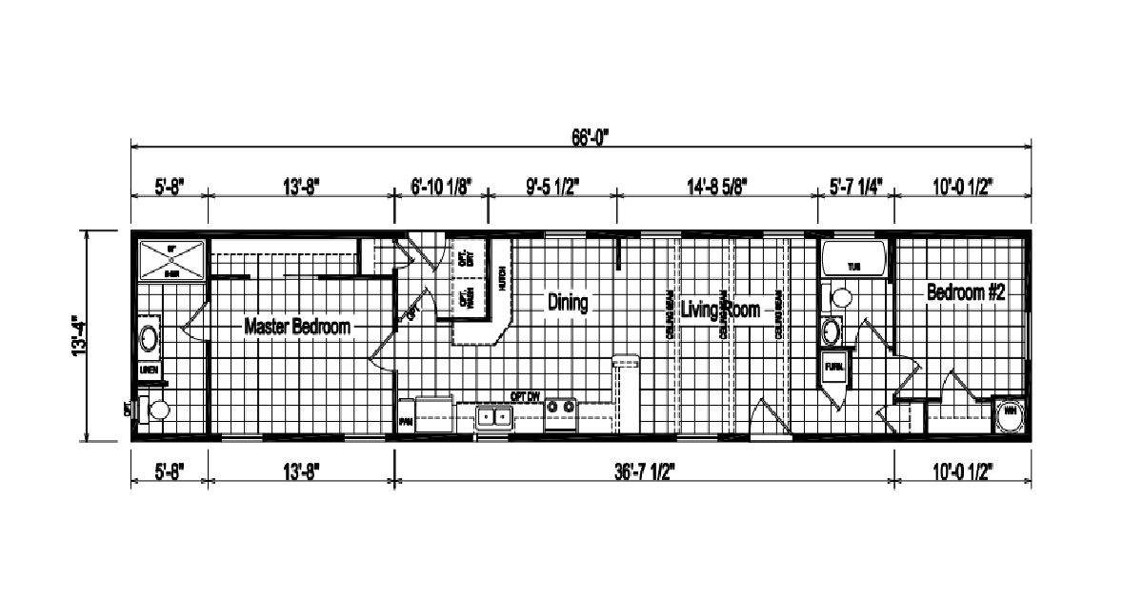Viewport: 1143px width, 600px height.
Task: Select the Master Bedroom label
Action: point(297,327)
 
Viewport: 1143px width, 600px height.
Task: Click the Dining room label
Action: point(567,303)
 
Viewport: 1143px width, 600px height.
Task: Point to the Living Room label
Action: point(720,309)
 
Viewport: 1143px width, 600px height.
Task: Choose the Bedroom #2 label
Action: point(966,293)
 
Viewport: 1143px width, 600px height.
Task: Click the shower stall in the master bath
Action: point(171,261)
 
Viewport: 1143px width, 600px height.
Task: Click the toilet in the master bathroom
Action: point(155,410)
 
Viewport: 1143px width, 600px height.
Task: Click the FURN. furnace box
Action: point(833,366)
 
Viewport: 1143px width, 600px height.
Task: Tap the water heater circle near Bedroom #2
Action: point(1008,413)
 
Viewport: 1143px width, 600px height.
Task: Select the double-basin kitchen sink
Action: point(493,416)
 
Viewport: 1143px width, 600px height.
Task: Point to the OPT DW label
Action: point(525,395)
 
